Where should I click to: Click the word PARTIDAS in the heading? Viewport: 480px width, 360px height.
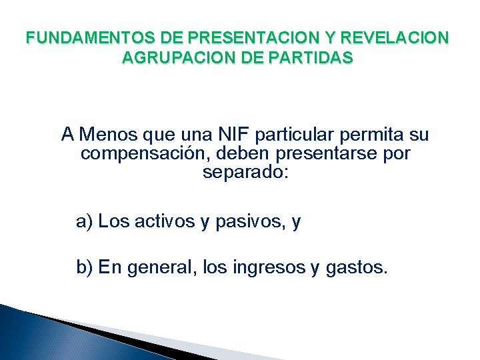point(313,58)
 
